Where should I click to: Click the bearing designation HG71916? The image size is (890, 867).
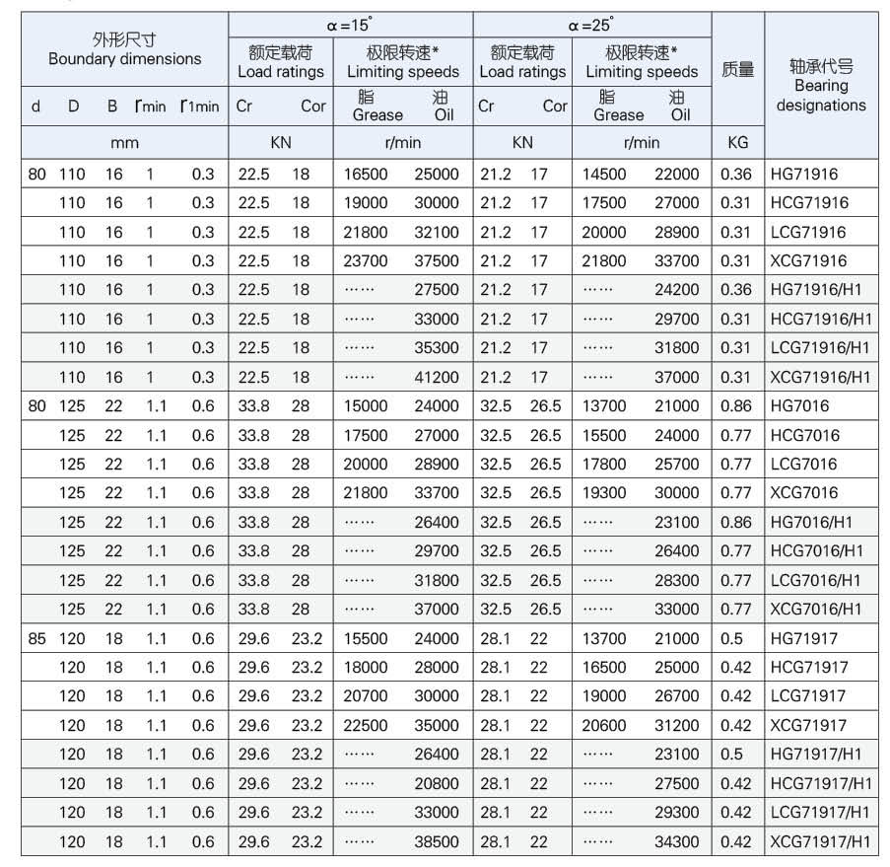pyautogui.click(x=805, y=175)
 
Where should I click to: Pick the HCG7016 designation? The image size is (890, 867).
pyautogui.click(x=803, y=435)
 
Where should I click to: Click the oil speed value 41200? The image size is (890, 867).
pyautogui.click(x=437, y=378)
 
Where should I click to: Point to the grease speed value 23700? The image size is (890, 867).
pyautogui.click(x=366, y=261)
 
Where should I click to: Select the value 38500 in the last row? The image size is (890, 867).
pyautogui.click(x=437, y=842)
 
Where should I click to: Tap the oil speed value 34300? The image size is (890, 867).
pyautogui.click(x=677, y=842)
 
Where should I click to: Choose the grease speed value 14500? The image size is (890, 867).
pyautogui.click(x=604, y=175)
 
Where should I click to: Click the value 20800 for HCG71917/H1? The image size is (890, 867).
pyautogui.click(x=437, y=784)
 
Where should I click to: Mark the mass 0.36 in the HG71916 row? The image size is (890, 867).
pyautogui.click(x=736, y=175)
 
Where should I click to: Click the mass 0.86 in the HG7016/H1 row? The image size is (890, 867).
pyautogui.click(x=736, y=523)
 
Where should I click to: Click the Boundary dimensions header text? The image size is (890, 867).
pyautogui.click(x=124, y=59)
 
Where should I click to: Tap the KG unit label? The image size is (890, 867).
pyautogui.click(x=737, y=143)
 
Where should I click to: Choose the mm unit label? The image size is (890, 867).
pyautogui.click(x=124, y=143)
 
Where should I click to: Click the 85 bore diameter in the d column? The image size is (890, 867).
pyautogui.click(x=37, y=639)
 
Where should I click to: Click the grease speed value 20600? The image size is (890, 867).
pyautogui.click(x=604, y=726)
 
